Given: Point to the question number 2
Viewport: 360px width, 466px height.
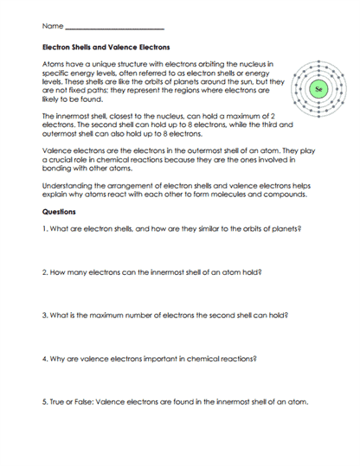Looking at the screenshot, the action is coord(44,272).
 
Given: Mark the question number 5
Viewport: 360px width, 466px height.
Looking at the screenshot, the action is coord(44,402).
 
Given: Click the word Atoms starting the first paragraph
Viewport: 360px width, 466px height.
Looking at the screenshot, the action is coord(55,64).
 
